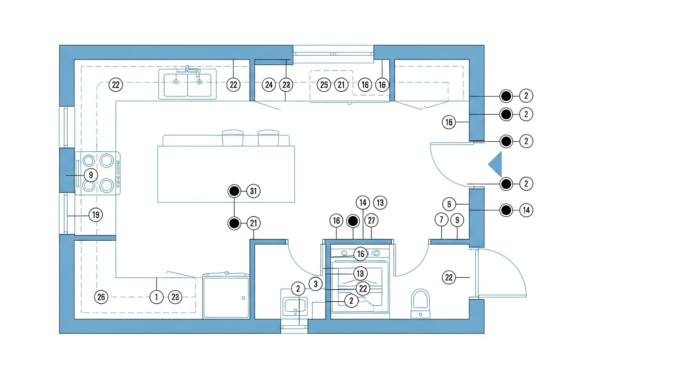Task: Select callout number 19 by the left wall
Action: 96,215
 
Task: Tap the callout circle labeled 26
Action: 101,297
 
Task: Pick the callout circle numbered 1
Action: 157,297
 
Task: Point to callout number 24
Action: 269,85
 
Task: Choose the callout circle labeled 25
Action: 325,85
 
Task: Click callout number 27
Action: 371,221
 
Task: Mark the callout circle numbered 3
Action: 315,283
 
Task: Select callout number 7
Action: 441,221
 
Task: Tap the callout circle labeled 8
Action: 449,204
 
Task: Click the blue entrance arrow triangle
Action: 496,164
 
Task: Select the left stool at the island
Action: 233,138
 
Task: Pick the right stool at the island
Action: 268,138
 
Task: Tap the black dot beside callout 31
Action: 234,191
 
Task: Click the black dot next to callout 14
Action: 506,210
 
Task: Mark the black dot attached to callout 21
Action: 234,223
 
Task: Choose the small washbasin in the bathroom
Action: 294,305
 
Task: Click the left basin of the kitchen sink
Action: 176,85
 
